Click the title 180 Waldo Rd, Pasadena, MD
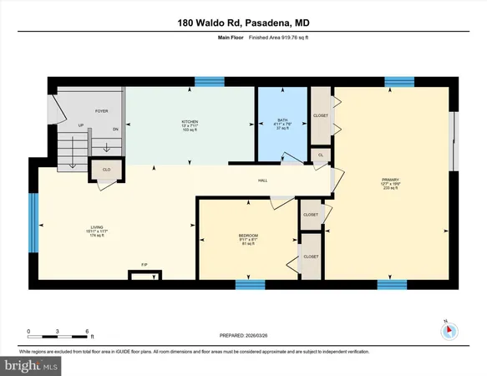click(x=243, y=24)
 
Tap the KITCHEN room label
click(x=190, y=124)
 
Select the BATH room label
click(x=282, y=124)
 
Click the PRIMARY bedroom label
click(x=390, y=184)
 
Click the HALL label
click(x=261, y=180)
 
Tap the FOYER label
click(x=101, y=109)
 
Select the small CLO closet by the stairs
click(x=107, y=169)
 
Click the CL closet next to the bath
click(x=321, y=155)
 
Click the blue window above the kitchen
click(x=204, y=82)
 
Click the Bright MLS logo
click(x=32, y=365)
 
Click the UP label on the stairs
click(x=80, y=127)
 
